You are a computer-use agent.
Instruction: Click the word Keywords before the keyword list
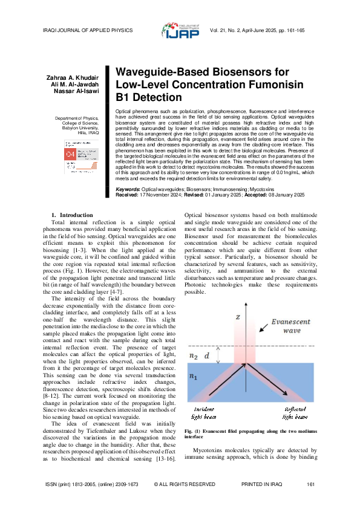coord(128,173)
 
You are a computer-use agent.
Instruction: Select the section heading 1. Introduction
coord(72,198)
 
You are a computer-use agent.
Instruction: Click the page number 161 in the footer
coord(311,484)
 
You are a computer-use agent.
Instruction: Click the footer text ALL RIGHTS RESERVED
coord(185,484)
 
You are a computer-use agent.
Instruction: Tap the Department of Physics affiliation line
coord(76,118)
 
